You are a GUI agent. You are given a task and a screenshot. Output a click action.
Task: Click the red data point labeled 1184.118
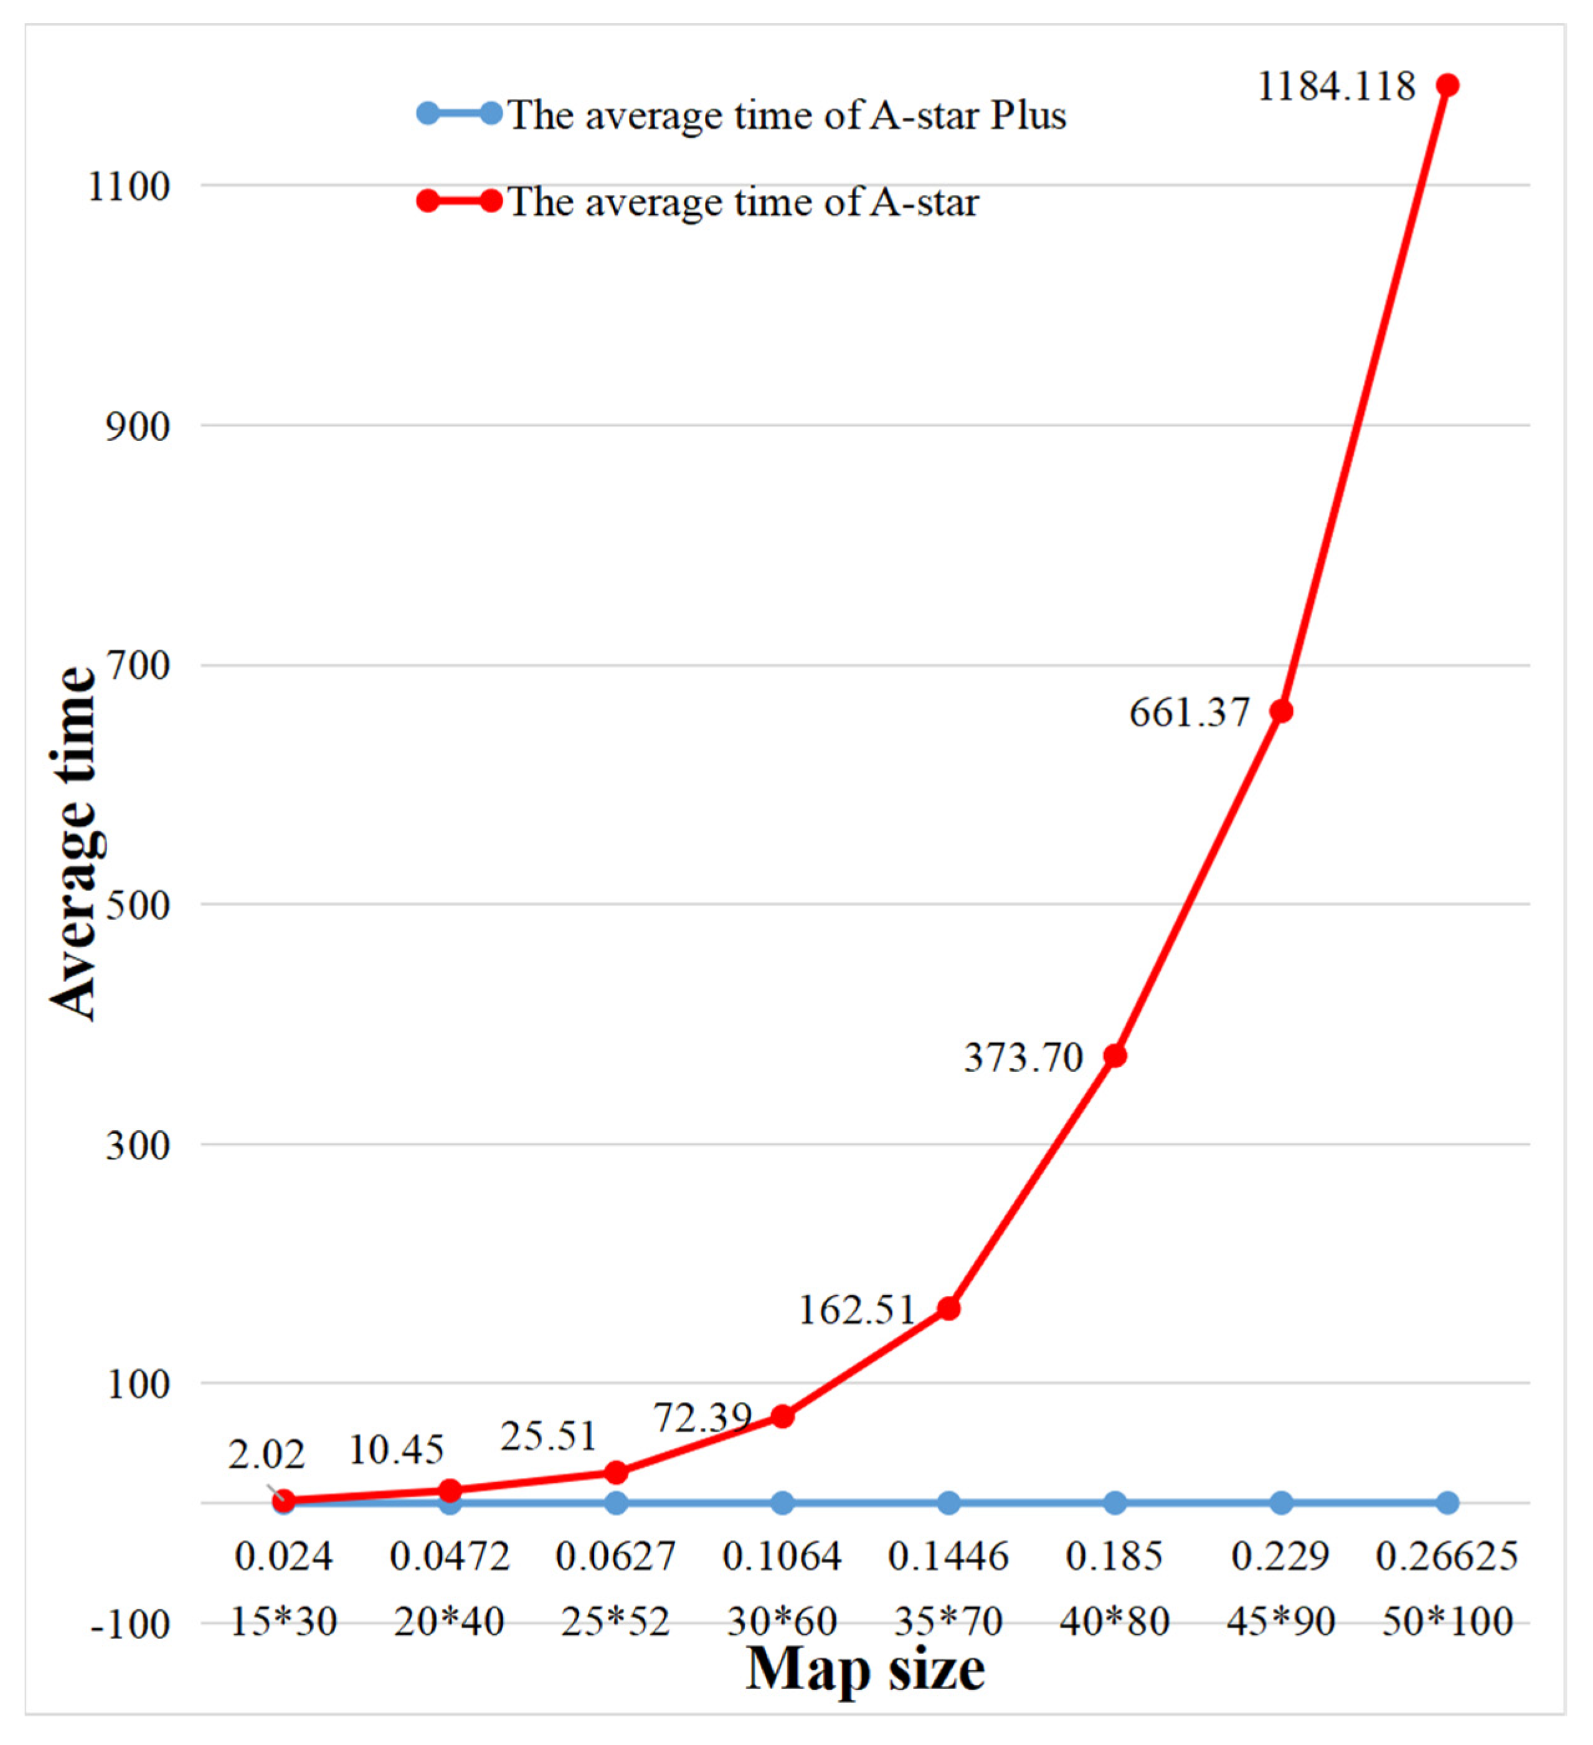click(x=1447, y=85)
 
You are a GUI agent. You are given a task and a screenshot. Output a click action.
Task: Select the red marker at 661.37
click(x=1282, y=711)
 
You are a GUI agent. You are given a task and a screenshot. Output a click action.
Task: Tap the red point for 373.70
click(x=1115, y=1056)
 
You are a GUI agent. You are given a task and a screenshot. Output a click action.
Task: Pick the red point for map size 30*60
click(x=783, y=1417)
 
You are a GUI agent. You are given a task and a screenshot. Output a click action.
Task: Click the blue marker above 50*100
click(x=1447, y=1503)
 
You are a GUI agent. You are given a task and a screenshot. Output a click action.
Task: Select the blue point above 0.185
click(x=1115, y=1503)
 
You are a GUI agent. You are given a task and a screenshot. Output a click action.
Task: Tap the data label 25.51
click(x=548, y=1437)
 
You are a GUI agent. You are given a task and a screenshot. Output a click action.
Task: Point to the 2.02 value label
click(x=267, y=1455)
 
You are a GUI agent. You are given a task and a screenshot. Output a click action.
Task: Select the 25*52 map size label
click(x=615, y=1621)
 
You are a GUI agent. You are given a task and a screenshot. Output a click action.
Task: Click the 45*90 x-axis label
click(x=1282, y=1621)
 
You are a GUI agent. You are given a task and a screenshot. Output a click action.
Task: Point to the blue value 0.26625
click(x=1447, y=1556)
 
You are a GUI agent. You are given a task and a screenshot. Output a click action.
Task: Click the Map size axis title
click(x=865, y=1669)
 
